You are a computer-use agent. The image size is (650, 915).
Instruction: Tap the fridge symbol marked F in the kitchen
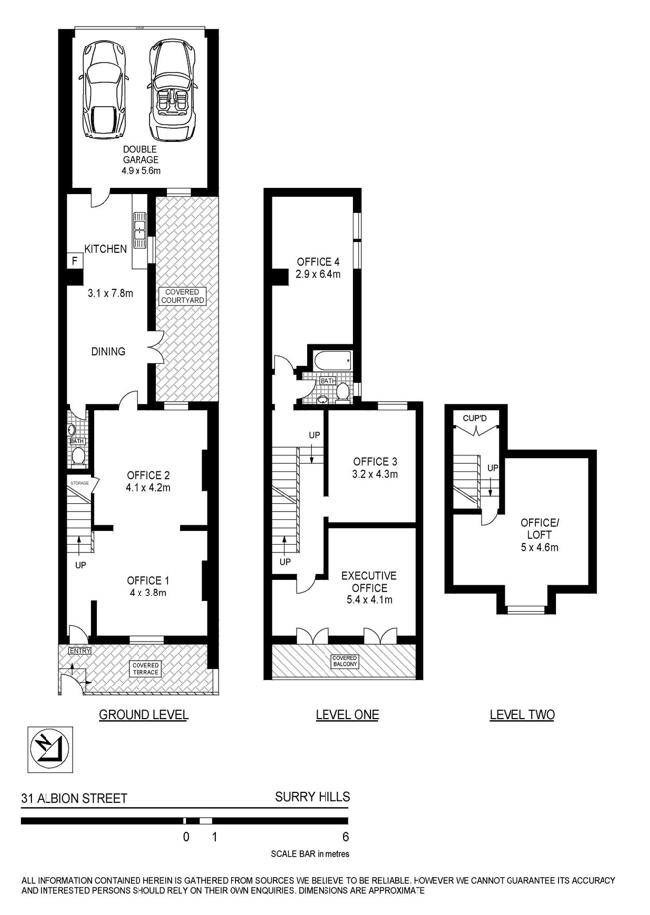[x=74, y=261]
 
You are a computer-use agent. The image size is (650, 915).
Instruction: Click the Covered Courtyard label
[x=183, y=296]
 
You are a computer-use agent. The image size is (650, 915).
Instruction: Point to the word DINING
[x=108, y=351]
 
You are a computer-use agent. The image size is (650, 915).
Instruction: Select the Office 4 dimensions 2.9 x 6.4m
[x=319, y=274]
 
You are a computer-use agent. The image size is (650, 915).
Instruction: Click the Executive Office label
[x=369, y=582]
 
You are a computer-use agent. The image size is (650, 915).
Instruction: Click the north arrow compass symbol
[x=49, y=749]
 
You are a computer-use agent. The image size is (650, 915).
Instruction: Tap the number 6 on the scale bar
[x=346, y=837]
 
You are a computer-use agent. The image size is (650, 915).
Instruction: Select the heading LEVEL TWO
[x=522, y=715]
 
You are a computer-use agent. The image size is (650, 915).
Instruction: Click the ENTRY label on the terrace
[x=80, y=651]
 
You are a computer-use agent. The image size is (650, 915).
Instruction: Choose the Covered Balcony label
[x=345, y=661]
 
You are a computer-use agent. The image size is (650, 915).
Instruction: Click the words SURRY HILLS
[x=313, y=796]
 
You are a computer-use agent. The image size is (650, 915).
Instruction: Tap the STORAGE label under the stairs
[x=80, y=483]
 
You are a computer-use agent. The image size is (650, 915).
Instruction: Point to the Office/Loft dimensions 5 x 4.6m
[x=540, y=547]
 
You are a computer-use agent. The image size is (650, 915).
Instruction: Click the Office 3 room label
[x=375, y=462]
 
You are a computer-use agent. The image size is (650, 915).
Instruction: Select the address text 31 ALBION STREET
[x=74, y=798]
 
